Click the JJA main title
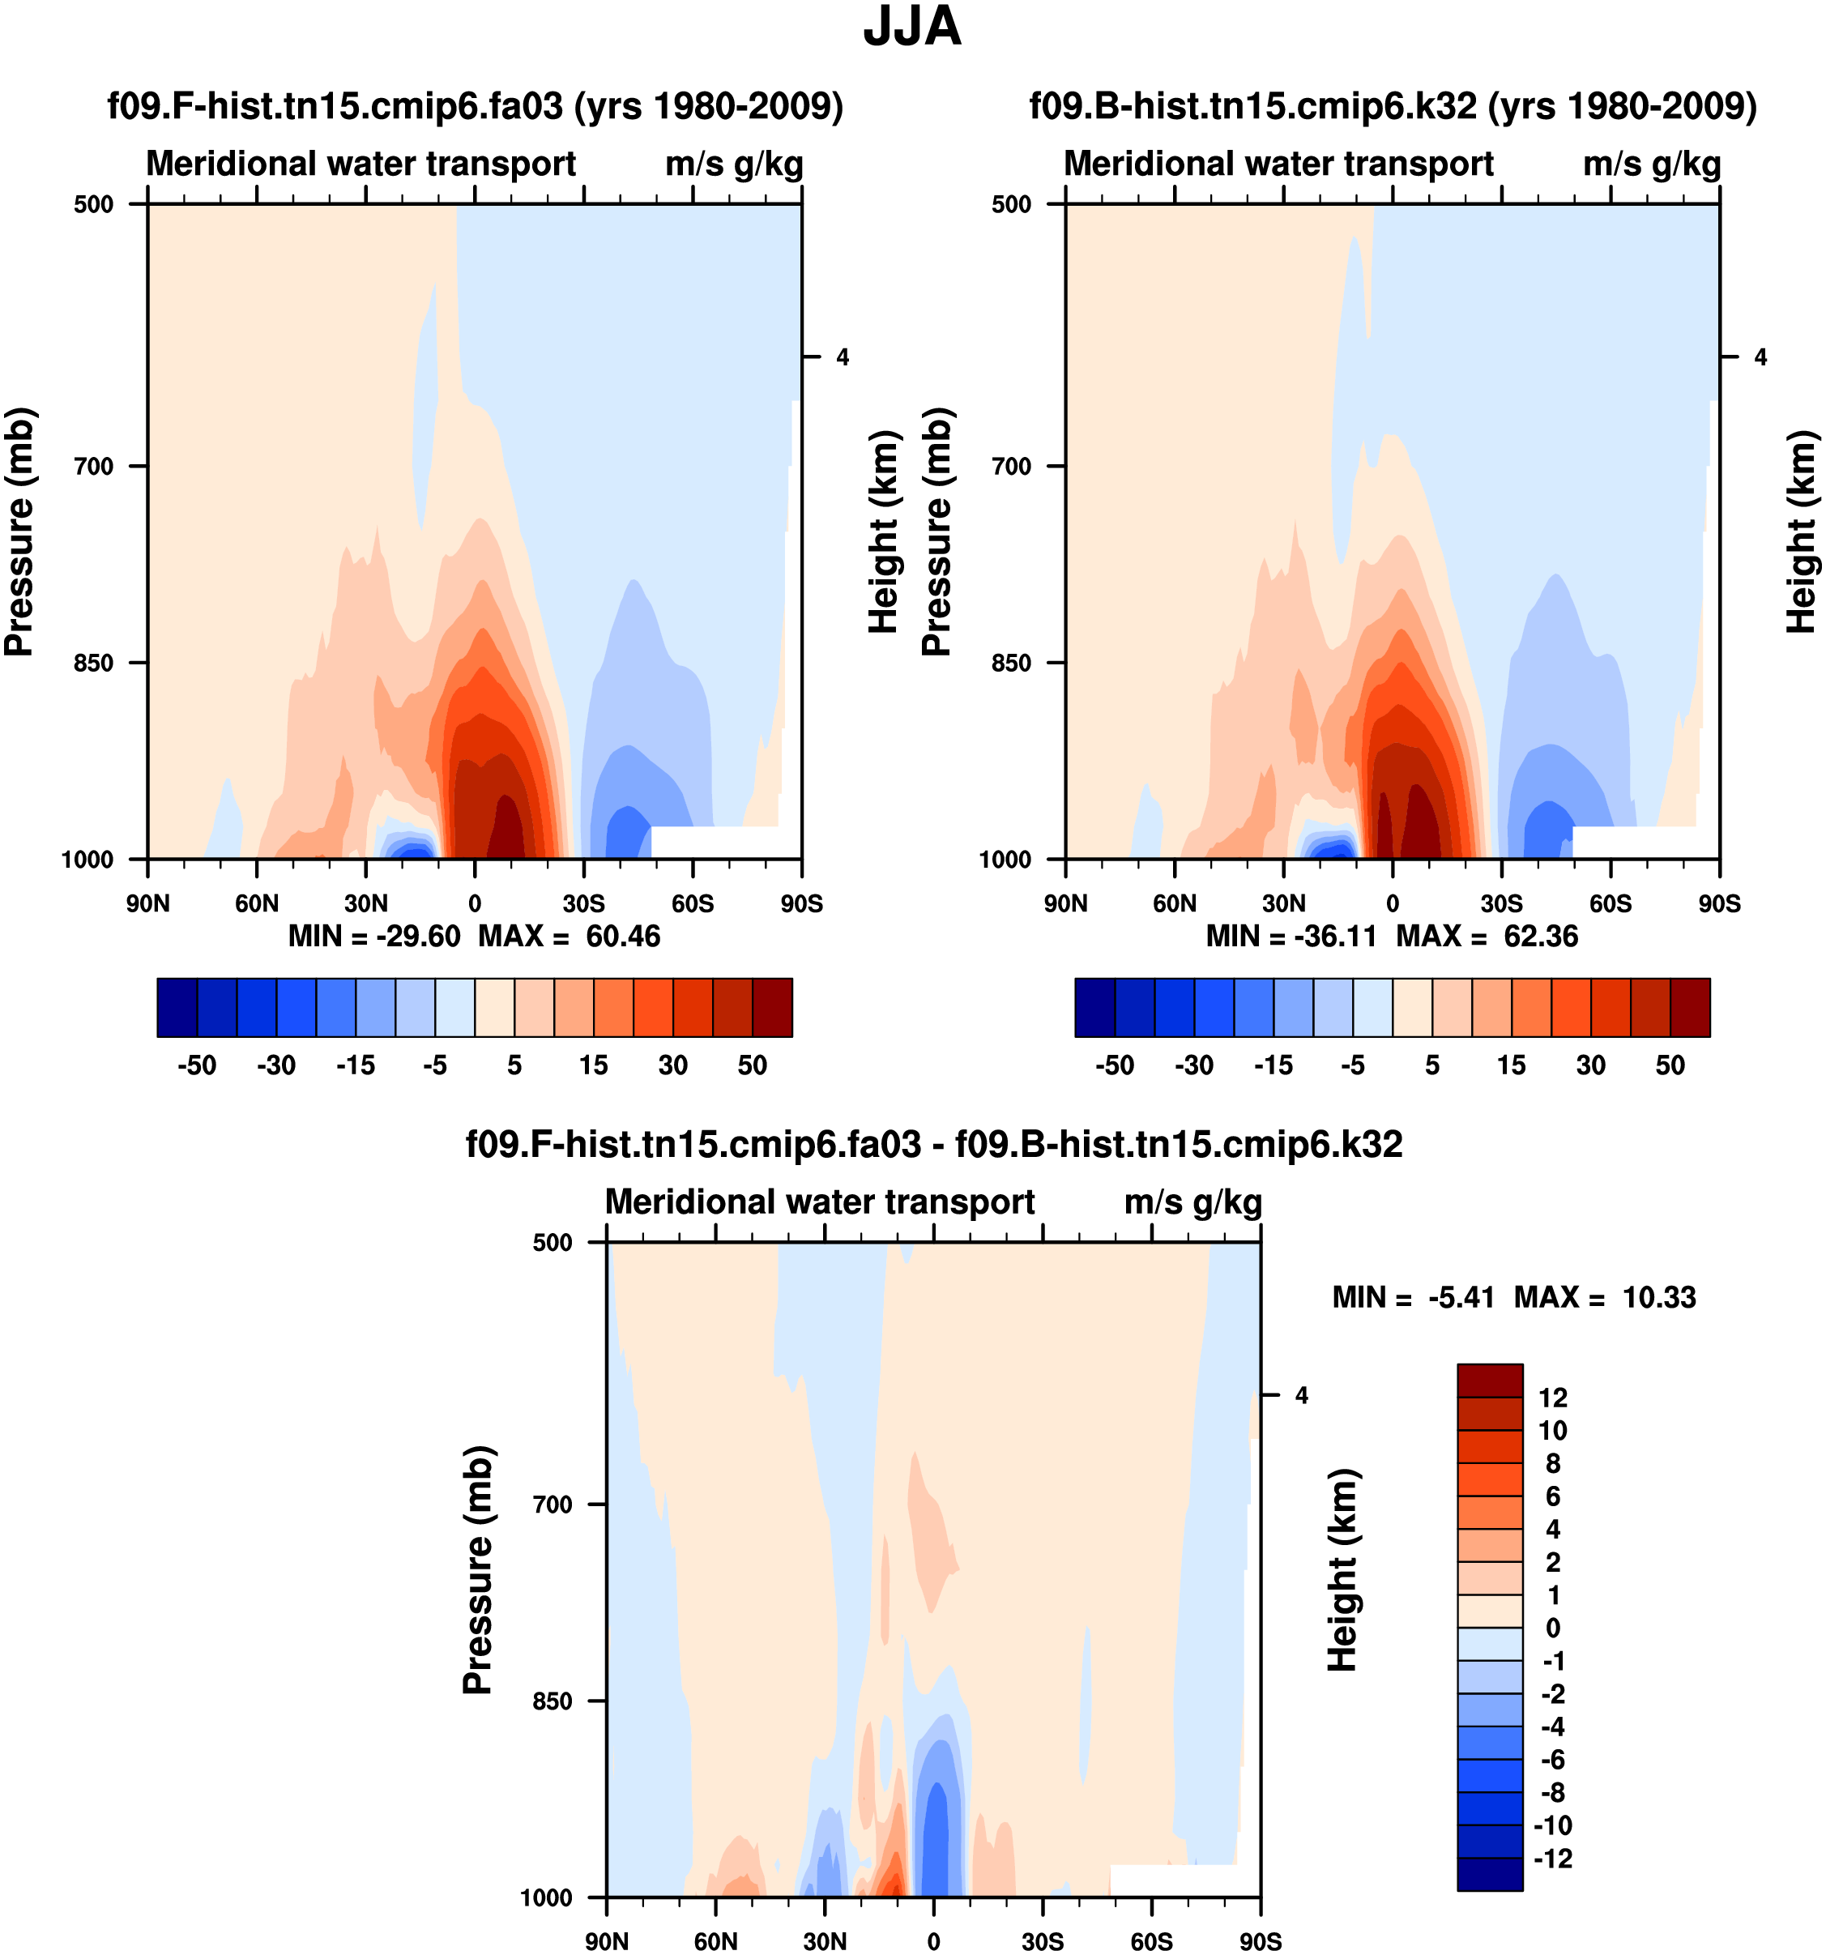click(911, 27)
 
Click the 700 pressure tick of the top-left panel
click(95, 466)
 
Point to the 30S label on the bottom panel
click(1043, 1941)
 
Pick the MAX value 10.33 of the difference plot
click(1659, 1298)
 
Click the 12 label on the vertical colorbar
click(1553, 1398)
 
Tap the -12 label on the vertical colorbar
click(1553, 1859)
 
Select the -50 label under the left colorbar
click(197, 1065)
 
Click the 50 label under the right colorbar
click(1670, 1065)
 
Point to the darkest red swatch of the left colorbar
click(772, 1008)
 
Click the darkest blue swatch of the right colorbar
click(1094, 1008)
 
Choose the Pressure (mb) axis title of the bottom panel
click(477, 1569)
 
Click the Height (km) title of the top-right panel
click(1800, 531)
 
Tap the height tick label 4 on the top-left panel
click(843, 358)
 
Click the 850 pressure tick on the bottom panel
click(552, 1701)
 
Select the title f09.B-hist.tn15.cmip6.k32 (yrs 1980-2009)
click(1393, 105)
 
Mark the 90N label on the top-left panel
click(147, 903)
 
